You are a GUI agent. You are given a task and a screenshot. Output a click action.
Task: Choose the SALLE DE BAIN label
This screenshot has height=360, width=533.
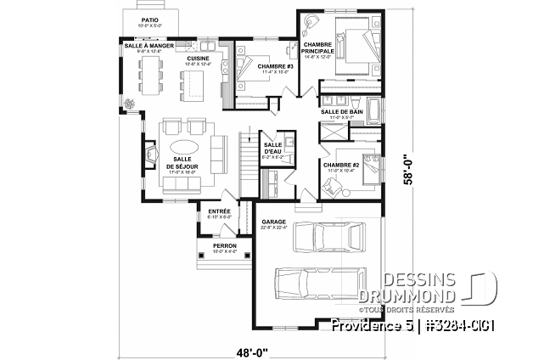pos(339,112)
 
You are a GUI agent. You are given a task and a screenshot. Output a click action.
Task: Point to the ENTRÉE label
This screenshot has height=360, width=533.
pos(208,211)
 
